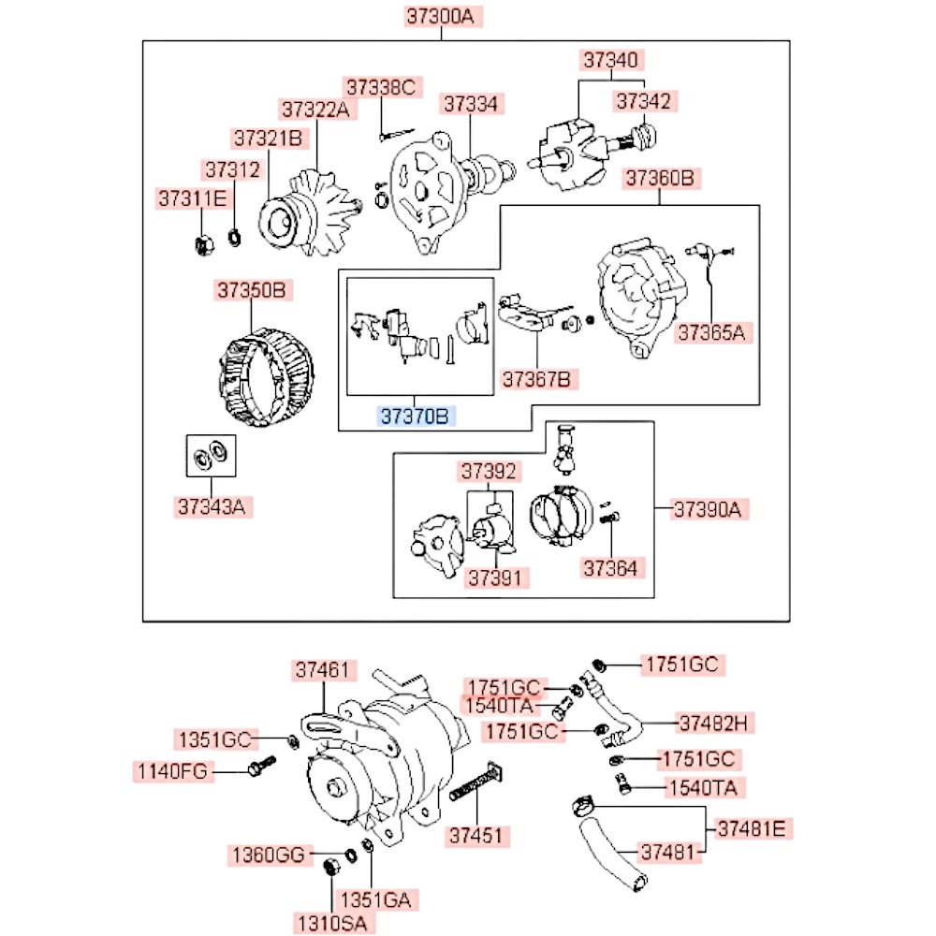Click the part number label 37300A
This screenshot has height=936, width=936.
(x=445, y=16)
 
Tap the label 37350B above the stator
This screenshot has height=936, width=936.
(x=251, y=290)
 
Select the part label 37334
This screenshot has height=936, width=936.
(x=472, y=103)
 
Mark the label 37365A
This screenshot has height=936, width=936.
(x=715, y=331)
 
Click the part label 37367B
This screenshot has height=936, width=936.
(x=539, y=379)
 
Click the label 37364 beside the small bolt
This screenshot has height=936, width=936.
(x=613, y=567)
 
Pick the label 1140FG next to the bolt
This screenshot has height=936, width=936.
(x=173, y=771)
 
